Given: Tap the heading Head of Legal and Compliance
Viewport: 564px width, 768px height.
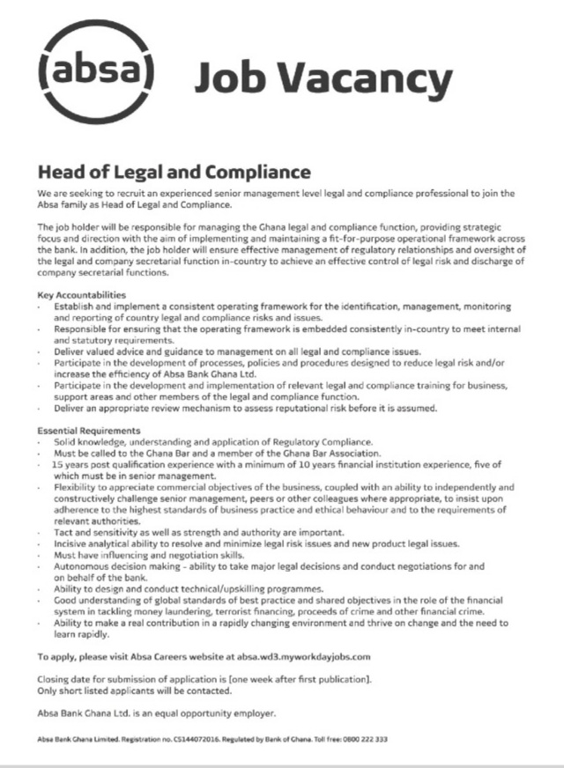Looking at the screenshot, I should point(174,169).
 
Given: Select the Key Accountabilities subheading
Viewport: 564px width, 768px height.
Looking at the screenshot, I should point(82,293).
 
